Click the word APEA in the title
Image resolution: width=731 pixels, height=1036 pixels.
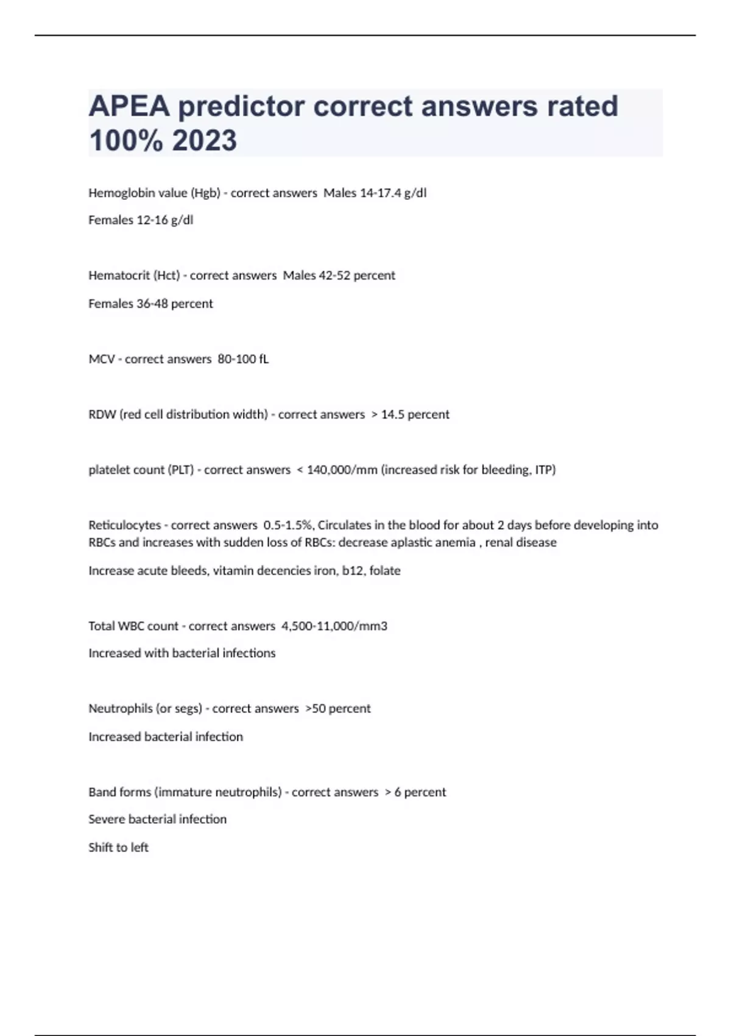click(x=129, y=106)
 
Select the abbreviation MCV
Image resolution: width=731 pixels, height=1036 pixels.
click(x=101, y=359)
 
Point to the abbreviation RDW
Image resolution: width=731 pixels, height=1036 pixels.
click(x=102, y=414)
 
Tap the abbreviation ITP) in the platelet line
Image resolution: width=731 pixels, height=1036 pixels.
click(x=545, y=470)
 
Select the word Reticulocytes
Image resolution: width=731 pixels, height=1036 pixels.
click(x=124, y=525)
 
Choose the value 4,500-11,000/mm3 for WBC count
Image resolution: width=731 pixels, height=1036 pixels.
click(x=334, y=626)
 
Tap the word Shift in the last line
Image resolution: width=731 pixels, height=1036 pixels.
click(x=101, y=847)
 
